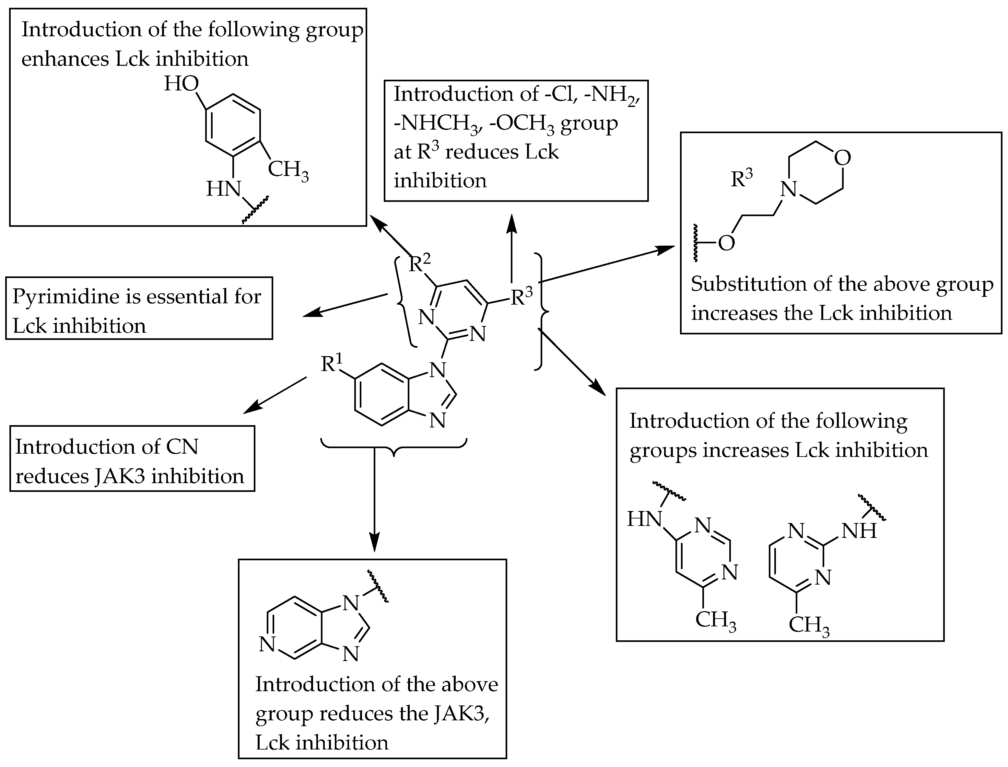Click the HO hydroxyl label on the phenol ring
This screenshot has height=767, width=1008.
point(181,84)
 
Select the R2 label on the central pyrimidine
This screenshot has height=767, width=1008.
point(419,263)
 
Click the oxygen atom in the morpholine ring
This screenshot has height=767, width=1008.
point(842,158)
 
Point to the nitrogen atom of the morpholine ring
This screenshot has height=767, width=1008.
point(789,189)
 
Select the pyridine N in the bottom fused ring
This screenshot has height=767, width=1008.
point(267,644)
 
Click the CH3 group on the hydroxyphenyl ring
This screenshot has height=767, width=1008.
point(287,170)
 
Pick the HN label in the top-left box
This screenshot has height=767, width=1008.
point(224,189)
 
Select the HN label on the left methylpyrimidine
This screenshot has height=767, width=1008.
point(644,519)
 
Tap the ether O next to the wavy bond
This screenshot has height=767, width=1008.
point(726,243)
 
